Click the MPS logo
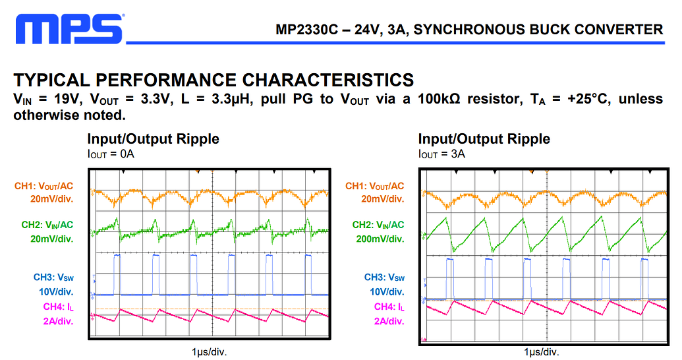click(69, 30)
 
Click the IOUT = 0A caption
click(111, 154)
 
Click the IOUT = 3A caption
click(441, 154)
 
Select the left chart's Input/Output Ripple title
click(153, 139)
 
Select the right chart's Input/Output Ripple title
click(484, 139)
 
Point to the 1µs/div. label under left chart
click(209, 351)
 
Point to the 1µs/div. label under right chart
click(542, 351)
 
